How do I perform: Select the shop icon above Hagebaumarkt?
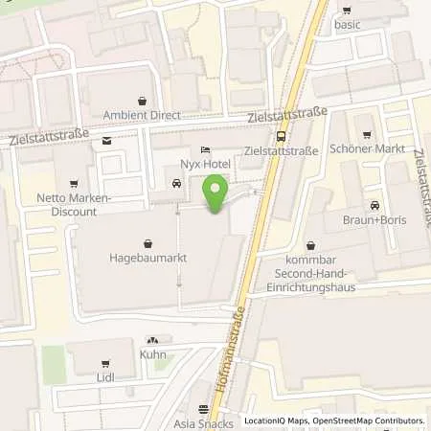(x=147, y=243)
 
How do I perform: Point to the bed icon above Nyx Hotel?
(x=204, y=149)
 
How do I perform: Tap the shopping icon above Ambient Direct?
(x=143, y=100)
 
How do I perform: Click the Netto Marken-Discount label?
(x=72, y=205)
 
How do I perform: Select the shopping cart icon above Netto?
(x=72, y=183)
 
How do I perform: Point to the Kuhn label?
(x=152, y=355)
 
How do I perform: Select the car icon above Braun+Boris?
(x=373, y=204)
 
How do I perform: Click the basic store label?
(x=347, y=24)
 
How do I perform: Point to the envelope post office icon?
(x=105, y=142)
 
